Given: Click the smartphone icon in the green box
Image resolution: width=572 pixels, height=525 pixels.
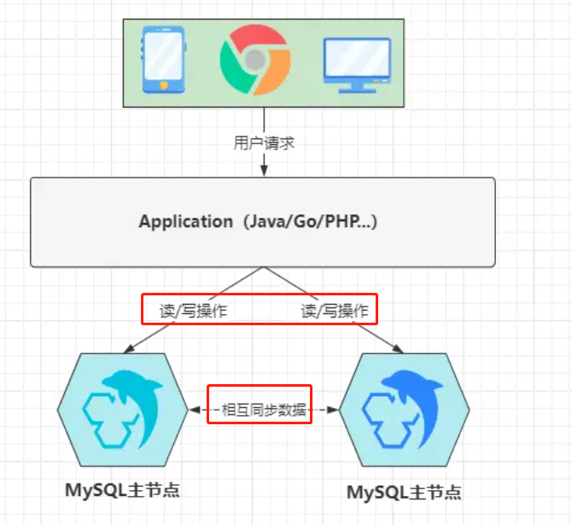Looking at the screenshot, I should click(162, 59).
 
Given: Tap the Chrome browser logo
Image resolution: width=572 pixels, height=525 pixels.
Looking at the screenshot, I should click(254, 59).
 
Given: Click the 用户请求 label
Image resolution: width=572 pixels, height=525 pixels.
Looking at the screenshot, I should click(264, 143).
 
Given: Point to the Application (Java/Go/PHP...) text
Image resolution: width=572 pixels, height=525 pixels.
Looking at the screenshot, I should click(259, 222).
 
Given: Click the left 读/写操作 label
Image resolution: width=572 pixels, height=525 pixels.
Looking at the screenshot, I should click(194, 310).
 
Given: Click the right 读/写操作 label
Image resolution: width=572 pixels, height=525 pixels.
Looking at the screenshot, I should click(336, 310).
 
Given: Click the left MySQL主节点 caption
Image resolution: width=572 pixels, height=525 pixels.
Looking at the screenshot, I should click(123, 490).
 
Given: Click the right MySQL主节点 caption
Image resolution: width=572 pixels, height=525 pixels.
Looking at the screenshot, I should click(404, 493).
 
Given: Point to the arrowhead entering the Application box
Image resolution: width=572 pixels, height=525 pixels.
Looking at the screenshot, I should click(263, 172).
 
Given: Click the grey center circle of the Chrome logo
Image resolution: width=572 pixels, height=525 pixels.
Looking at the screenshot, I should click(254, 59).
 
